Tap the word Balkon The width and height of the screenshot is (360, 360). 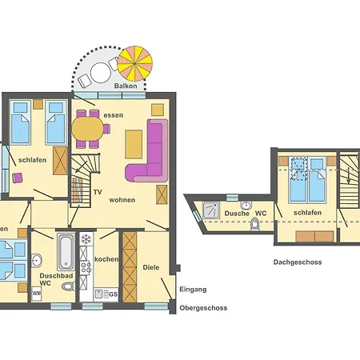(x=125, y=86)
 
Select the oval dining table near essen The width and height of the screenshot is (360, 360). (x=89, y=129)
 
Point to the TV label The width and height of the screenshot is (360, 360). (x=97, y=193)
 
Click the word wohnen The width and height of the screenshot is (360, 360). (x=122, y=199)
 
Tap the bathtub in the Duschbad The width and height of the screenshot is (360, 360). (x=66, y=252)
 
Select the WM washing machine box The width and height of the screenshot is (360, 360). (x=37, y=294)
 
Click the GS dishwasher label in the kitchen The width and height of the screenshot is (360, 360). (x=112, y=294)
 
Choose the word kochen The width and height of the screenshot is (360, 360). (x=106, y=260)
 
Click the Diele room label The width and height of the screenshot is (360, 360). (x=151, y=268)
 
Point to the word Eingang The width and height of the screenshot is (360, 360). (x=193, y=290)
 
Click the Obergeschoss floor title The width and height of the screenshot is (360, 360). (x=203, y=308)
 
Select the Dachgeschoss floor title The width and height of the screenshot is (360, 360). (x=298, y=262)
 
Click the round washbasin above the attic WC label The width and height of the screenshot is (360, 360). (x=248, y=203)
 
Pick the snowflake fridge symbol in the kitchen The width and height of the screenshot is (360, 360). (x=86, y=238)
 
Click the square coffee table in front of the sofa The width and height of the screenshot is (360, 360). (x=162, y=194)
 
